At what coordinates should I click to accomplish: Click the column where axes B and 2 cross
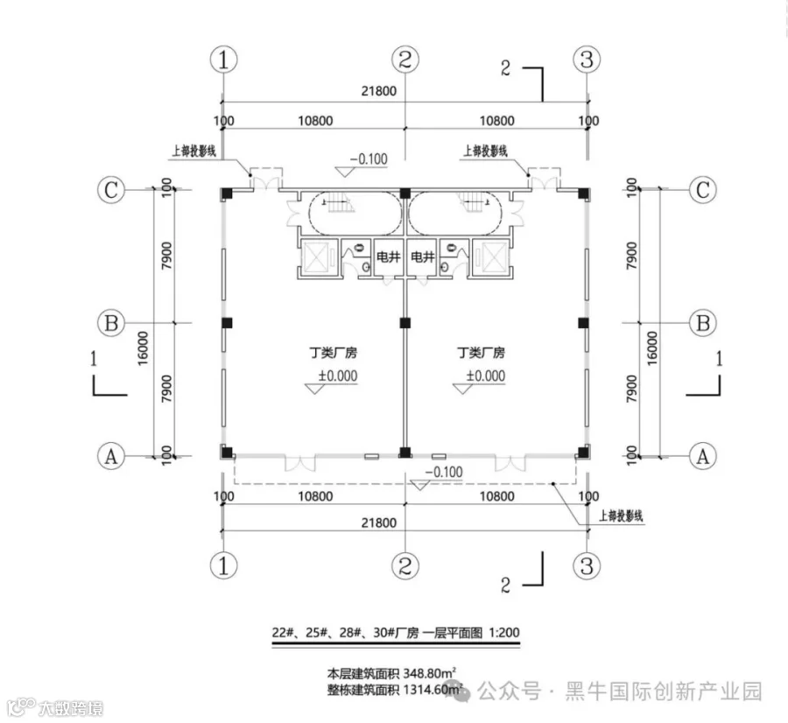(x=405, y=323)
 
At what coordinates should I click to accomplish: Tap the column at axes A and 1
(x=226, y=453)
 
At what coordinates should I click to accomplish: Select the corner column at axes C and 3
(x=583, y=193)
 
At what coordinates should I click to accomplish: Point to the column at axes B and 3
(x=583, y=323)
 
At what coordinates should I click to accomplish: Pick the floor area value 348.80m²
(x=426, y=675)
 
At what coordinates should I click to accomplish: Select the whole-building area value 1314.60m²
(x=429, y=691)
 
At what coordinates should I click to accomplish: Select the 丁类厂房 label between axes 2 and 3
(x=482, y=354)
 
